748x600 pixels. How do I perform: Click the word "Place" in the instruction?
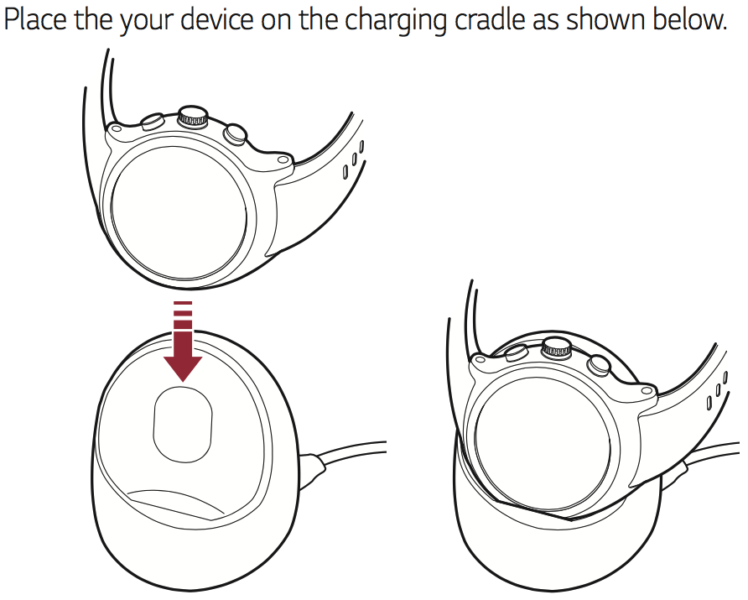click(35, 19)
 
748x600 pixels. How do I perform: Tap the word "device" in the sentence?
click(220, 19)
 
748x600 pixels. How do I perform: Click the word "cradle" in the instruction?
click(491, 19)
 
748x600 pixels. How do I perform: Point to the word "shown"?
click(606, 19)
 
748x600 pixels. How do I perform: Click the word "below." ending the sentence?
click(690, 19)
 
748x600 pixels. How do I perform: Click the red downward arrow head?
click(183, 368)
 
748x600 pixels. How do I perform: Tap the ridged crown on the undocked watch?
click(193, 116)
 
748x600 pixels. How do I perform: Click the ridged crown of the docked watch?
click(557, 348)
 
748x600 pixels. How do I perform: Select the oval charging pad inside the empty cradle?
click(183, 424)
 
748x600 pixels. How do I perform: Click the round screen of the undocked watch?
click(179, 214)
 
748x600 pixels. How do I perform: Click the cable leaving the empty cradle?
click(351, 453)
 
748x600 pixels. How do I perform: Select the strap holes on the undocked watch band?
click(354, 160)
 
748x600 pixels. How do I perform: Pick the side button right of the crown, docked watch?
click(600, 365)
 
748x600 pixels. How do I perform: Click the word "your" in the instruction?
click(147, 22)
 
